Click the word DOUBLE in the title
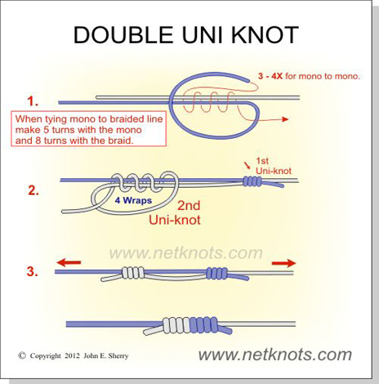[123, 35]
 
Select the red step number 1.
[33, 101]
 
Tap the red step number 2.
[33, 190]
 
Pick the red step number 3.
[33, 271]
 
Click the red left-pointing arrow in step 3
[69, 262]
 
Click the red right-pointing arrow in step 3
[284, 263]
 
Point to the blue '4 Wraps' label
[133, 201]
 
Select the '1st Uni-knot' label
[274, 166]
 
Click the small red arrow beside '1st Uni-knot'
[248, 166]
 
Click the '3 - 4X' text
[270, 76]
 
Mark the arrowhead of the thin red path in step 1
[285, 119]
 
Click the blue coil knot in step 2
[252, 181]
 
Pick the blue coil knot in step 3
[217, 273]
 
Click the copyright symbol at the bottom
[22, 355]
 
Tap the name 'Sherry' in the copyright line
[118, 356]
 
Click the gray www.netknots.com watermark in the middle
[186, 253]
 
